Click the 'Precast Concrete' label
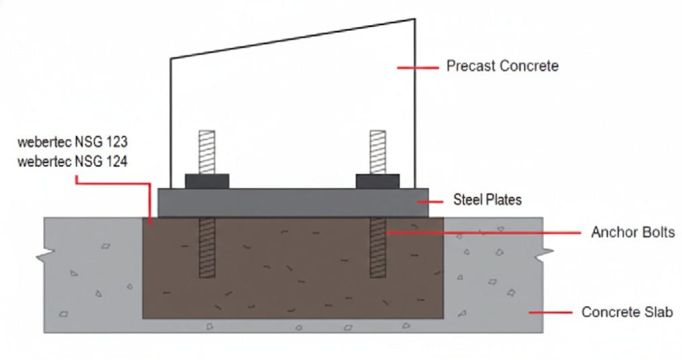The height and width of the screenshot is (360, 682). pos(502,66)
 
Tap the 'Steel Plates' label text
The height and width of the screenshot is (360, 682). pos(487,200)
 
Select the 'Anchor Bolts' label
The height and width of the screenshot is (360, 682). pos(633,233)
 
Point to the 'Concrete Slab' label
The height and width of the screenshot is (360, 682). pos(627,313)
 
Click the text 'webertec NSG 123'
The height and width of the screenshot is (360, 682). pos(73,143)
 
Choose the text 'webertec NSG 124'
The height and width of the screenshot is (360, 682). pos(73,161)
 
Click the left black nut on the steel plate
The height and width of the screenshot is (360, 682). pos(207,180)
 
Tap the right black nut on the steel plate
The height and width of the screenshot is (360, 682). pos(378,180)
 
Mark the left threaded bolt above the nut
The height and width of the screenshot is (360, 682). pos(207,151)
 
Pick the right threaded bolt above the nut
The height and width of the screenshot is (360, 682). pos(378,151)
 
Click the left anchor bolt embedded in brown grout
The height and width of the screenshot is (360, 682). pos(207,247)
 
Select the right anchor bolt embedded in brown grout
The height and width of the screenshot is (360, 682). pos(378,247)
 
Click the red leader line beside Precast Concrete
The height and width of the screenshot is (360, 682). pos(413,67)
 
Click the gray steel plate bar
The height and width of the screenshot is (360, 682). pos(293,202)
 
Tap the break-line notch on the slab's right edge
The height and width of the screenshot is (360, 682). pos(544,256)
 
